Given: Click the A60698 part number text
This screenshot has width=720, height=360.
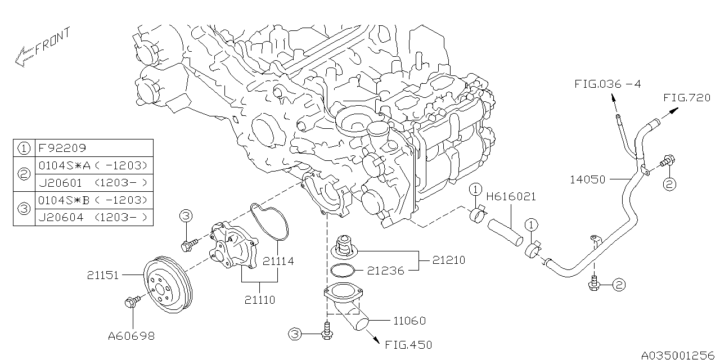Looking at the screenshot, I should point(132,336).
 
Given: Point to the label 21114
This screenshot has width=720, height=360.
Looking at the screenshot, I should point(278,262).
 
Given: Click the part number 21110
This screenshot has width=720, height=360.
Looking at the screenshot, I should point(259,300).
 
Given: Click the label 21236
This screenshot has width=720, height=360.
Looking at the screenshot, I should point(386,271).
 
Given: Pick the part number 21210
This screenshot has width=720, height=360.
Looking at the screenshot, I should point(449,260).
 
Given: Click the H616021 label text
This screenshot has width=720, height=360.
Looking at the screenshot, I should point(511,197).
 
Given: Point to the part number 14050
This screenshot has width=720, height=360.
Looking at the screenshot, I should point(587,180).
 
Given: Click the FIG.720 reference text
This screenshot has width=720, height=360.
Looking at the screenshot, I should point(687,97).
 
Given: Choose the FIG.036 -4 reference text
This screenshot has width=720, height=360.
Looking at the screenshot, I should point(607,84).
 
